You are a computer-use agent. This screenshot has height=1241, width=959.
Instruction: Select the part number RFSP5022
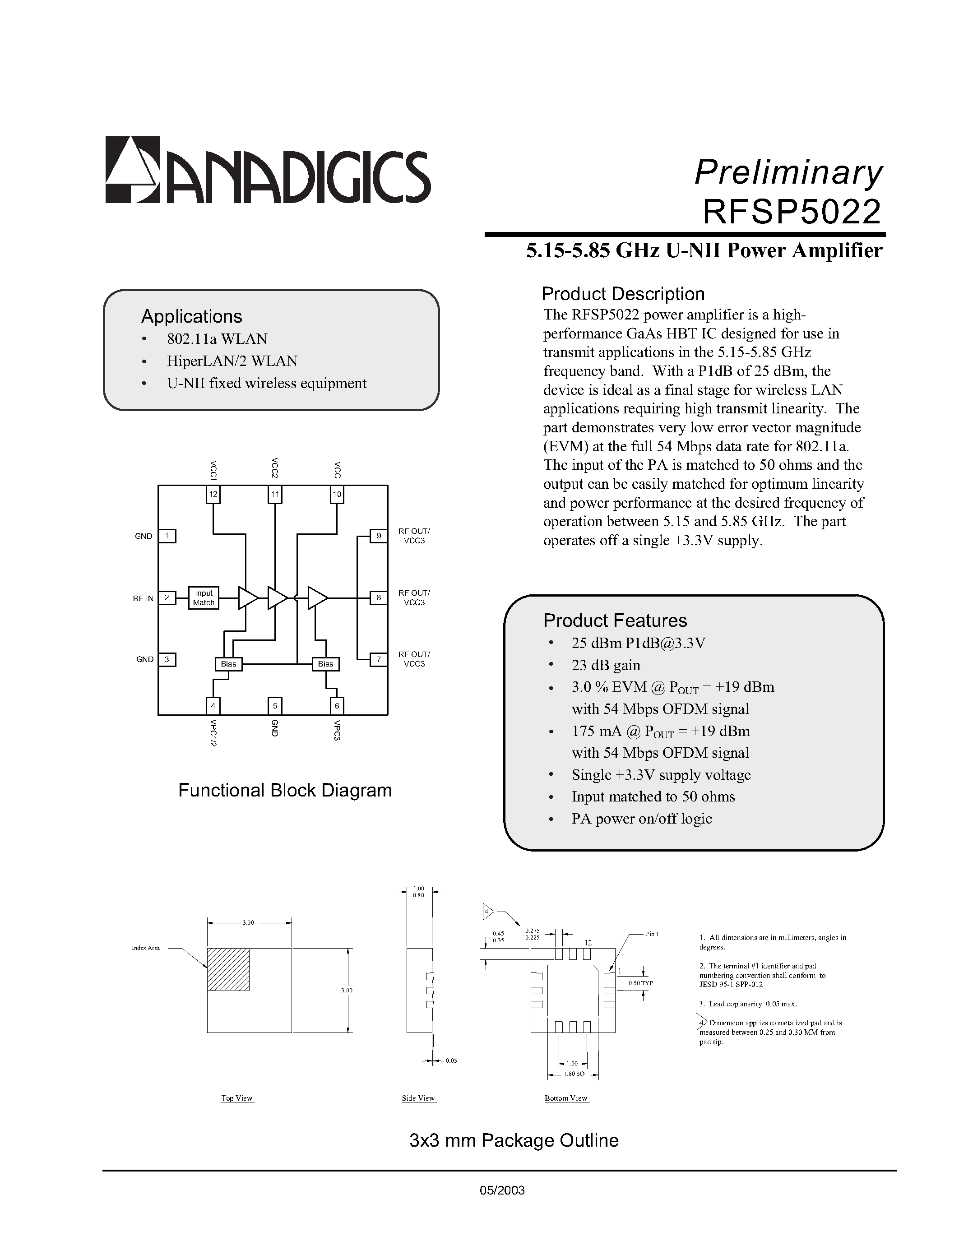[792, 212]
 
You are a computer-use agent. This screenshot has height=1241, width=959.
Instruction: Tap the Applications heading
[191, 316]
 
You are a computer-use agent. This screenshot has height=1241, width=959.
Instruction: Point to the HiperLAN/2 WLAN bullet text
[232, 361]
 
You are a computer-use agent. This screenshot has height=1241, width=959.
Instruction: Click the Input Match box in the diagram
[204, 598]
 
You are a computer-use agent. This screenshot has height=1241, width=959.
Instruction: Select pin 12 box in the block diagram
[213, 494]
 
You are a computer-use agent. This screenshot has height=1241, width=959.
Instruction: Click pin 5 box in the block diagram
[275, 706]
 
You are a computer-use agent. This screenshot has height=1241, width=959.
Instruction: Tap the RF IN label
[143, 598]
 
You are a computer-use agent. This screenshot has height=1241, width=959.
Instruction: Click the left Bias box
[228, 664]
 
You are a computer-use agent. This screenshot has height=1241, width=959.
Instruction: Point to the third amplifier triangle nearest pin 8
[317, 598]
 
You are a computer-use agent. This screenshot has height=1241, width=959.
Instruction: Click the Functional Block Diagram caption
[285, 790]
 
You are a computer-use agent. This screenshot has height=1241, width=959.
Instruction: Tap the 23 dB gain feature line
[606, 665]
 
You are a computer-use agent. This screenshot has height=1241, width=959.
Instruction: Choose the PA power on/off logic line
[641, 819]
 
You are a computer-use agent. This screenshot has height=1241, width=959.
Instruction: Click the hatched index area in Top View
[228, 969]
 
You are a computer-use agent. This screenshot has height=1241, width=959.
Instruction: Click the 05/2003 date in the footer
[502, 1190]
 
